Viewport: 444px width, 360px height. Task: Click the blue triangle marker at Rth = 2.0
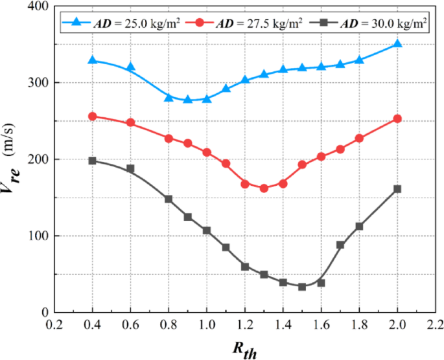397,44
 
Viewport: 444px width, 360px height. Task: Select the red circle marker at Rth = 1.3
264,188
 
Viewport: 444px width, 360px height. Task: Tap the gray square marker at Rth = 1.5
302,286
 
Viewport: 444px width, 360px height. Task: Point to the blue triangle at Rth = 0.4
92,60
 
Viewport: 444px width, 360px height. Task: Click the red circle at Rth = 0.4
92,117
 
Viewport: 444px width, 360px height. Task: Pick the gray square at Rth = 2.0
397,189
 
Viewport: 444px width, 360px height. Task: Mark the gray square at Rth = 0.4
92,161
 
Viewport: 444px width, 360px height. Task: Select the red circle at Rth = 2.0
397,118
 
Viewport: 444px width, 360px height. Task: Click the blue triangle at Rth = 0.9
187,100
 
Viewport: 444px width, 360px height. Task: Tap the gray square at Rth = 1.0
207,231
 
